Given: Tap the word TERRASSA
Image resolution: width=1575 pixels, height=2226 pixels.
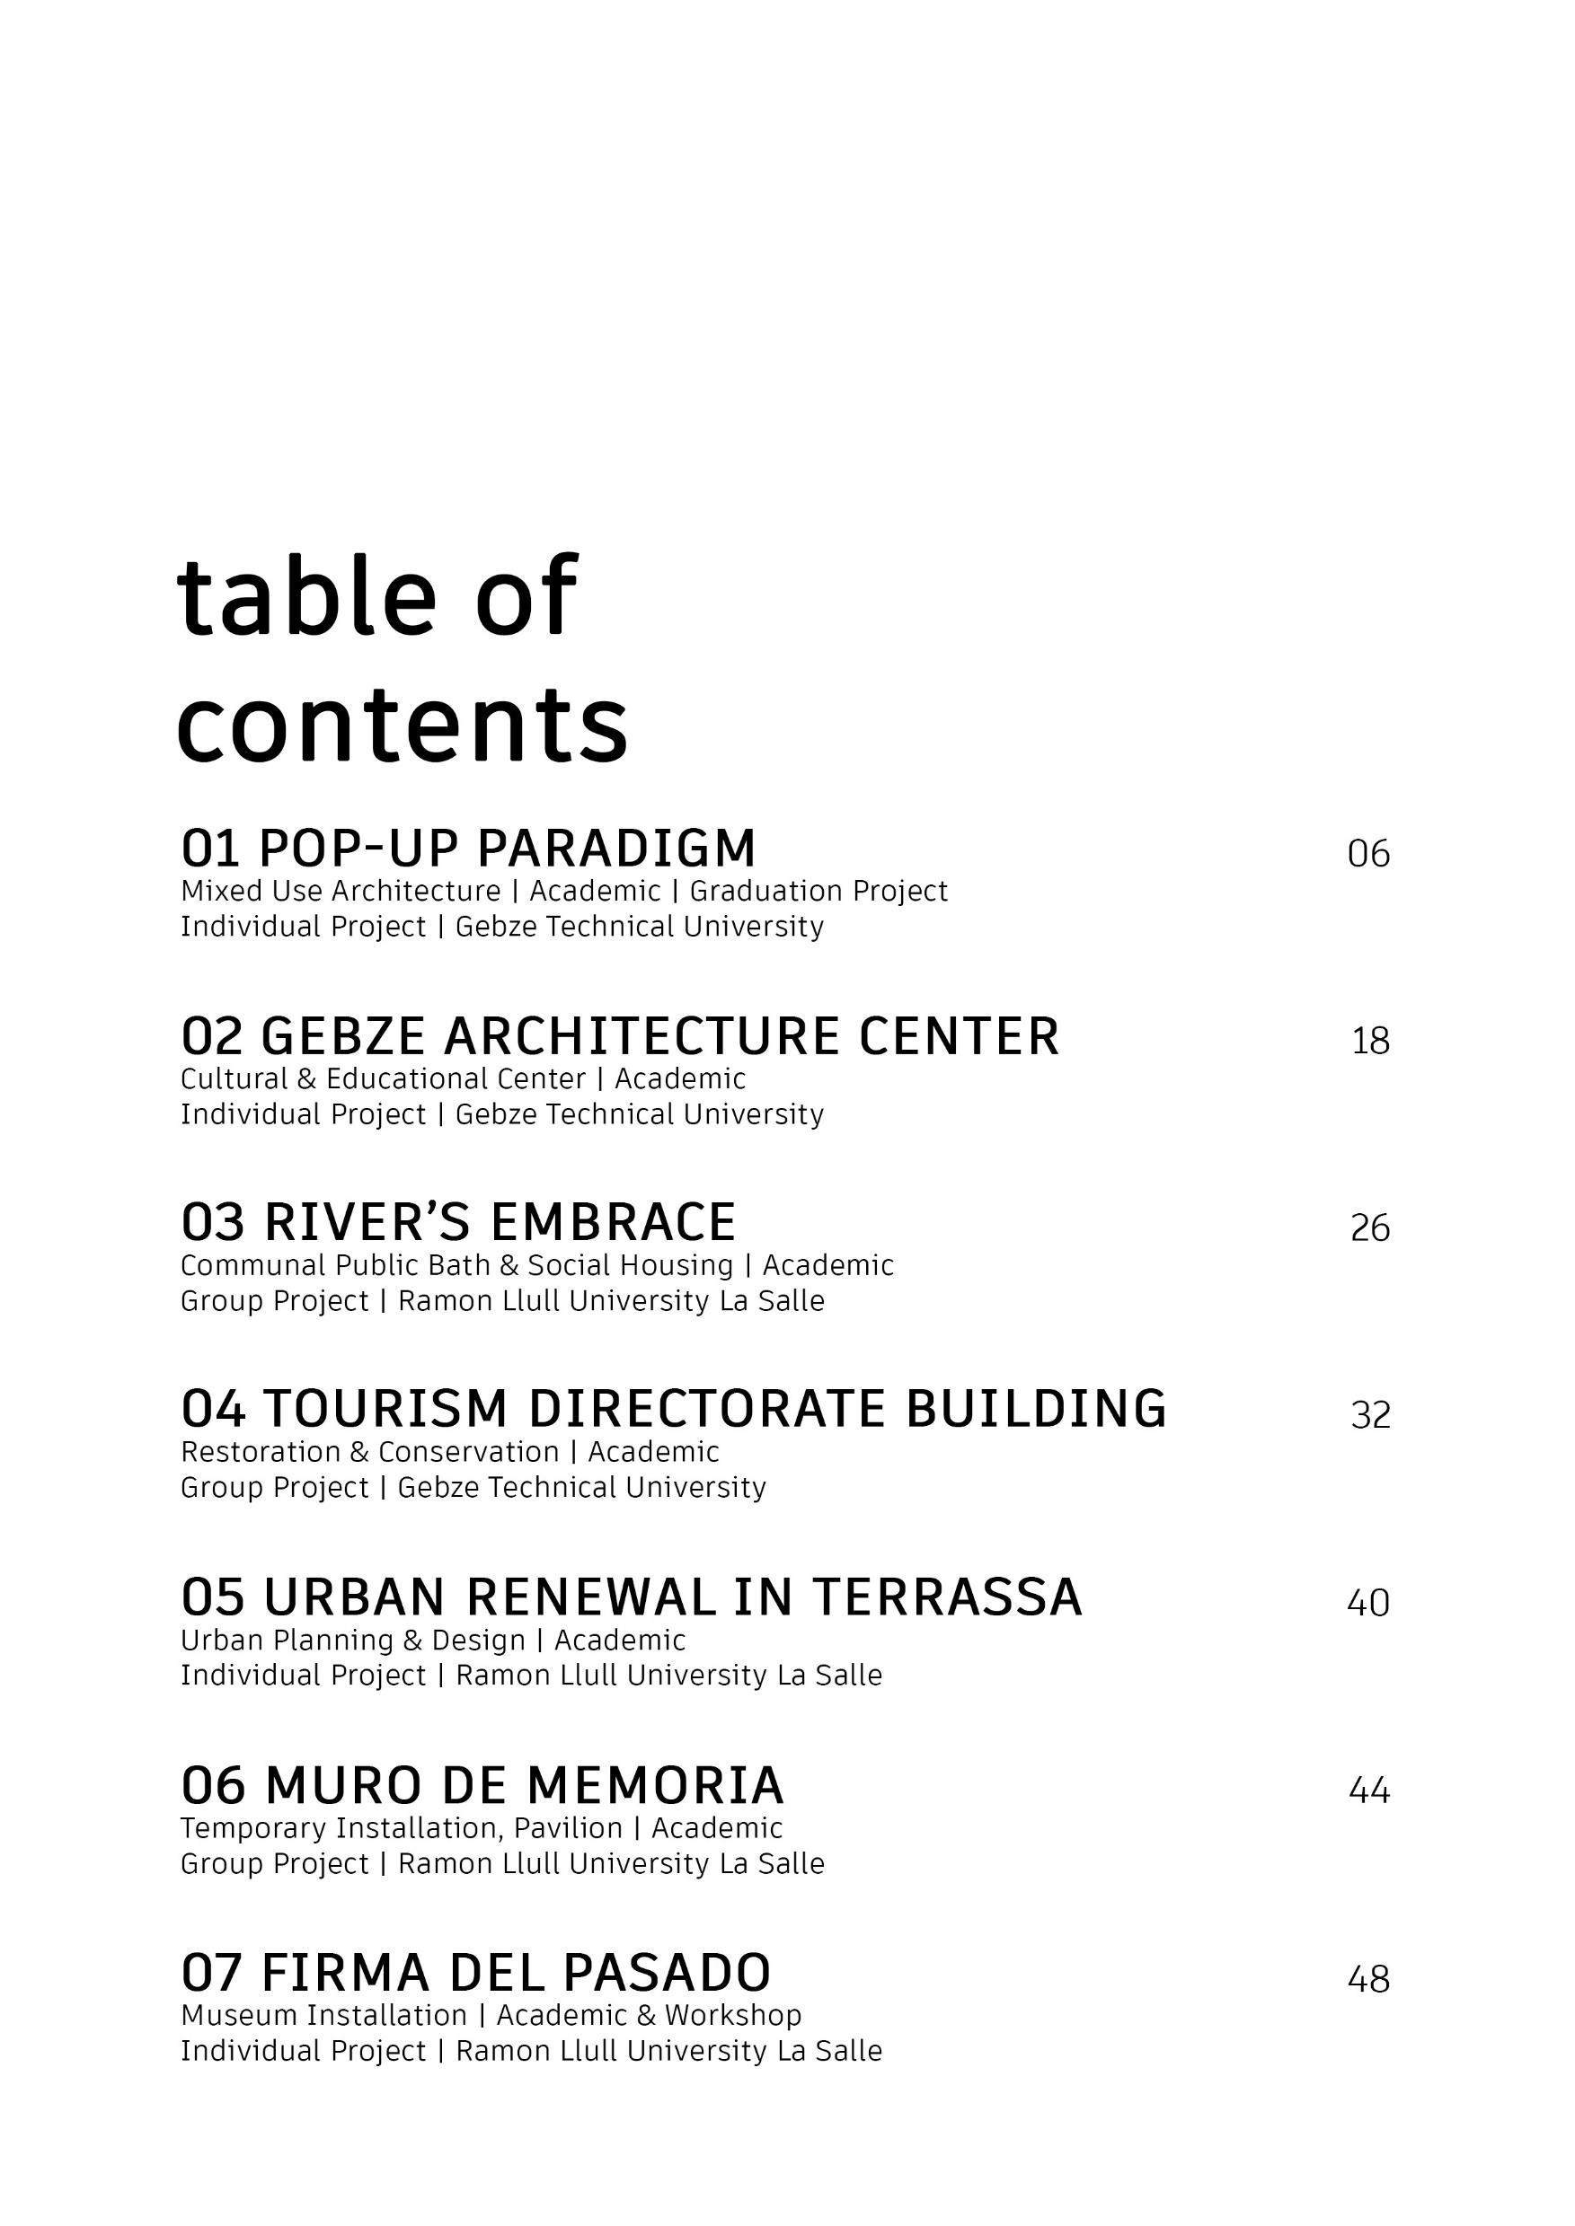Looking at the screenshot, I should tap(947, 1597).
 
